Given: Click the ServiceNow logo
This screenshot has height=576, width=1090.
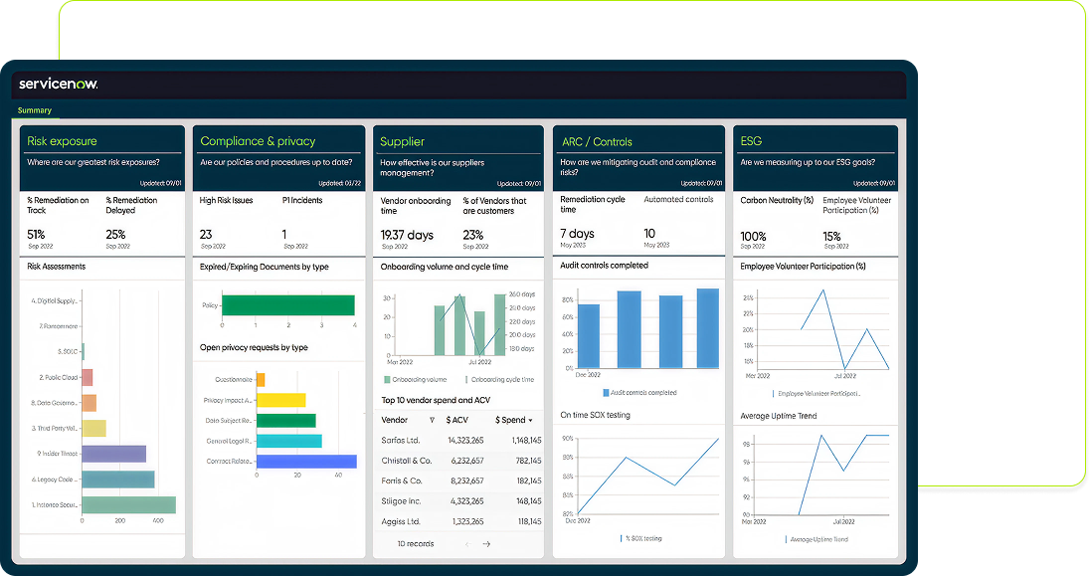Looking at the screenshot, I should pyautogui.click(x=58, y=85).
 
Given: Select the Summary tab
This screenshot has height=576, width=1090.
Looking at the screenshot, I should pyautogui.click(x=35, y=110).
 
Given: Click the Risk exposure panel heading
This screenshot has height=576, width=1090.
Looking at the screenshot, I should pyautogui.click(x=62, y=141).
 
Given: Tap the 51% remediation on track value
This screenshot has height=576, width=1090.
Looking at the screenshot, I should pyautogui.click(x=37, y=234).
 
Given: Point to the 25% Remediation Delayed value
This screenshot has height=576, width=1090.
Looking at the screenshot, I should pyautogui.click(x=115, y=234).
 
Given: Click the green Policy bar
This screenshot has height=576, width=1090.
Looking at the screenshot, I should pyautogui.click(x=287, y=305).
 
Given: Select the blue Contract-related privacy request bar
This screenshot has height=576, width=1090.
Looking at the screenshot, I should pyautogui.click(x=306, y=462).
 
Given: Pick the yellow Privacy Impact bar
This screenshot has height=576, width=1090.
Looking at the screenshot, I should pyautogui.click(x=280, y=400).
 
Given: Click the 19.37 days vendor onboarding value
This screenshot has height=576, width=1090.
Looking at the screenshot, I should pyautogui.click(x=408, y=235).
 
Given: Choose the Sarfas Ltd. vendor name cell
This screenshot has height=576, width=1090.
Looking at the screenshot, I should pyautogui.click(x=401, y=440).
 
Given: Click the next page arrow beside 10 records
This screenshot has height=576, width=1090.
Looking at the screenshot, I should pyautogui.click(x=486, y=544).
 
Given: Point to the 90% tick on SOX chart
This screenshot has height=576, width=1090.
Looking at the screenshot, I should pyautogui.click(x=568, y=438).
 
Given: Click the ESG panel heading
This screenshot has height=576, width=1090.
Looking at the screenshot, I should pyautogui.click(x=752, y=141).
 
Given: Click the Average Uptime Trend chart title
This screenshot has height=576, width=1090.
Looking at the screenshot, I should pyautogui.click(x=779, y=416).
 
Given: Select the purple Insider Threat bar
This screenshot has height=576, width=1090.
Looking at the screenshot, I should pyautogui.click(x=113, y=454).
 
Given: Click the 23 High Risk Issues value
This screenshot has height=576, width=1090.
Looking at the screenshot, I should pyautogui.click(x=206, y=235).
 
